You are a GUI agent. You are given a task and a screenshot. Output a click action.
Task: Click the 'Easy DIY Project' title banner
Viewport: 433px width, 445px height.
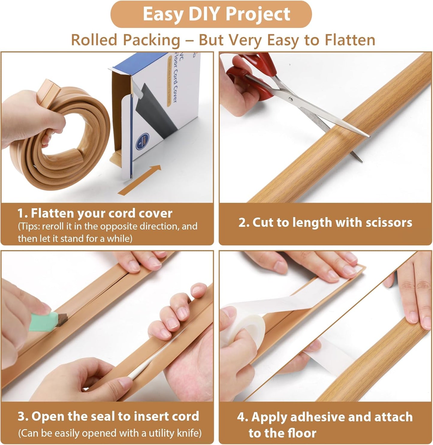tap(216, 14)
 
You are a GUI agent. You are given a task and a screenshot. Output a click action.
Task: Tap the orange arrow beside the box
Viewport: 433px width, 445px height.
tap(140, 180)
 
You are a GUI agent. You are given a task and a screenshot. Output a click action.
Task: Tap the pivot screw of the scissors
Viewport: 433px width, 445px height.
tap(290, 98)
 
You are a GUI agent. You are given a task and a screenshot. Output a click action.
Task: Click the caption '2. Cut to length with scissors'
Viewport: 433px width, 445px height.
tap(325, 223)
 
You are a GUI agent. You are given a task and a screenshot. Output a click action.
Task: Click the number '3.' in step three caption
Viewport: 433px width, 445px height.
tap(23, 416)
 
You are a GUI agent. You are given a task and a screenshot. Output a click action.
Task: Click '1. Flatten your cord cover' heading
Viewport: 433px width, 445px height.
tap(95, 213)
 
